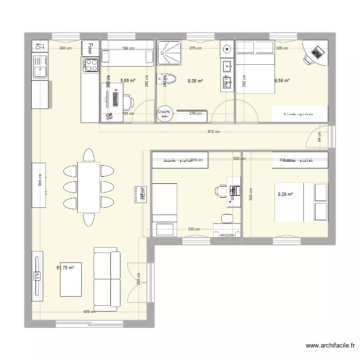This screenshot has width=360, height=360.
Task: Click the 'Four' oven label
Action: click(x=90, y=48)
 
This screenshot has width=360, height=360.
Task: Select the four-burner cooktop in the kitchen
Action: click(x=90, y=65)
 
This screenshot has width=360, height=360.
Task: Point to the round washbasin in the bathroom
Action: click(x=227, y=48)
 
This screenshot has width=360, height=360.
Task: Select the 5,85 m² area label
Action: click(x=128, y=81)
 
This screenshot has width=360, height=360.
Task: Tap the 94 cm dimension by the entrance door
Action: click(x=319, y=137)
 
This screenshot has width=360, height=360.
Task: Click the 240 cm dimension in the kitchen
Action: click(x=65, y=48)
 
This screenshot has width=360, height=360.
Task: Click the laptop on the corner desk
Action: click(x=317, y=51)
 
